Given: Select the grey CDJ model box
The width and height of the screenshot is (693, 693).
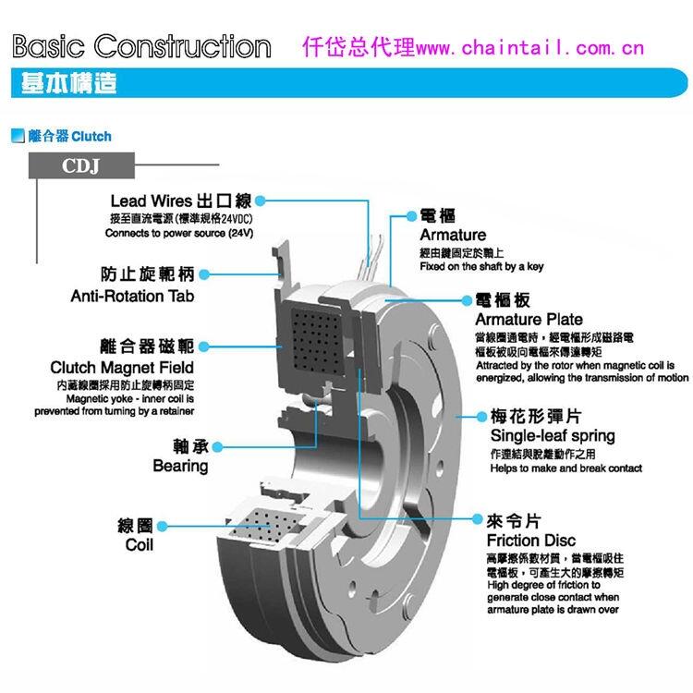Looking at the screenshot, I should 80,167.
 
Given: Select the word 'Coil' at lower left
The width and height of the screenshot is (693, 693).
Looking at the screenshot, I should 139,545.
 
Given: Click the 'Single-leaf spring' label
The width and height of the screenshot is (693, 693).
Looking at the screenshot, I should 553,435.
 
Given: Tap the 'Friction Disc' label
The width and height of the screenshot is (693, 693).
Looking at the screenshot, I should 530,540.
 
